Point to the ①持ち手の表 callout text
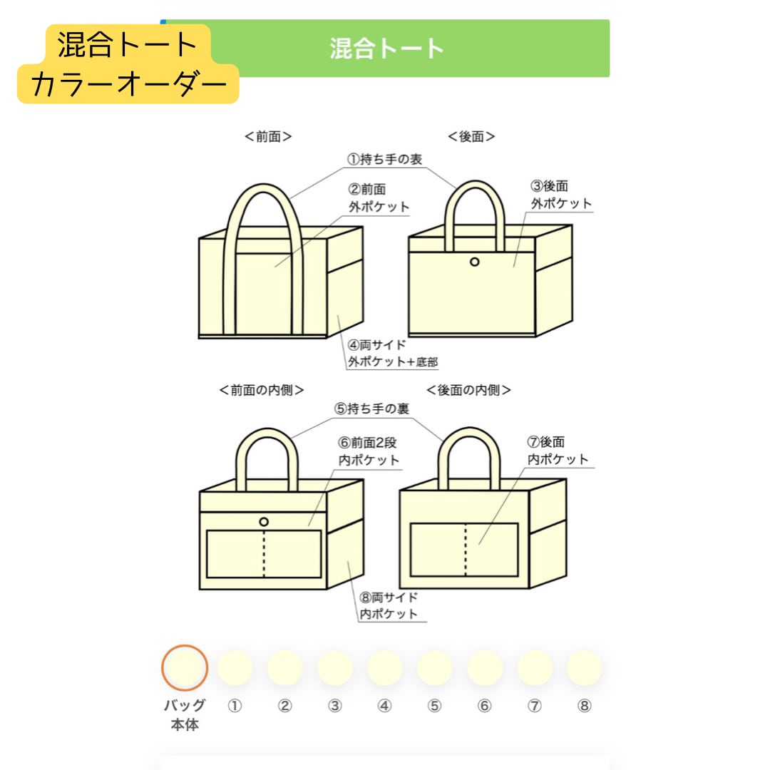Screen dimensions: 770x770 coord(384,160)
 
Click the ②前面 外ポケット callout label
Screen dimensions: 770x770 coord(379,198)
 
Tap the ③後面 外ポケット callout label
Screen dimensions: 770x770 coord(560,195)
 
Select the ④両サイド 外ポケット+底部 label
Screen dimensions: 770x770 coord(392,354)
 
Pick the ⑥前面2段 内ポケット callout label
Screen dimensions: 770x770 coord(369,451)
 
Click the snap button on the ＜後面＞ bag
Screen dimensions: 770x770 coord(475,262)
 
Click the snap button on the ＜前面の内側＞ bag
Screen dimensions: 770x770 coord(264,522)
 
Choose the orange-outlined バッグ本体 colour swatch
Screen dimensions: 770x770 coord(185,668)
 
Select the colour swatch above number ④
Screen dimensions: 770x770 coord(385,668)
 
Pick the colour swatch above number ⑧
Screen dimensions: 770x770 coord(585,668)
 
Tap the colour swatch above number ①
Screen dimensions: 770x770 coord(235,668)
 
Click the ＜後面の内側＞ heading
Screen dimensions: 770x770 coord(468,390)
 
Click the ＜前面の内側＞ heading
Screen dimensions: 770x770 coord(262,390)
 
